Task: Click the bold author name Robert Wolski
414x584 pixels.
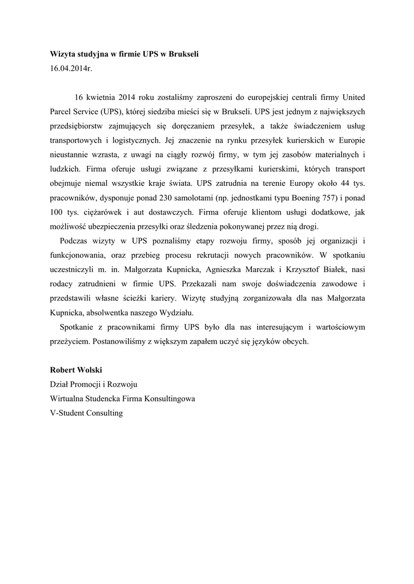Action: point(75,370)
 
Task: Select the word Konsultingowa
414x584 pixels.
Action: point(167,399)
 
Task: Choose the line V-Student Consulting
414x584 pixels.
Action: point(86,412)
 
